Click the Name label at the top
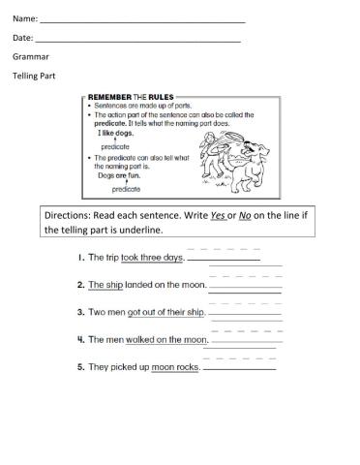(x=25, y=18)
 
